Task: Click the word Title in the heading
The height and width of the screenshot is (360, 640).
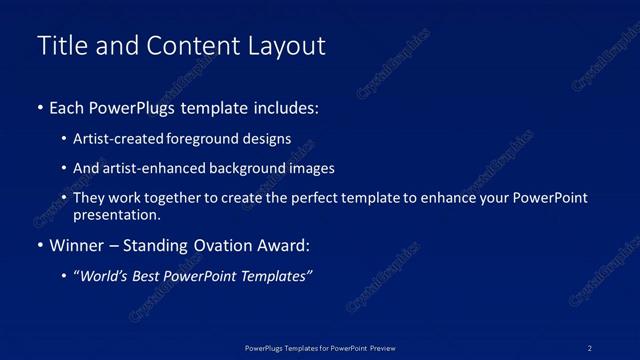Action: pos(59,46)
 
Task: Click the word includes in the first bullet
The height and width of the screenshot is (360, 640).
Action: pos(286,108)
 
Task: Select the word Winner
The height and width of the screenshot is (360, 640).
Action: pos(79,245)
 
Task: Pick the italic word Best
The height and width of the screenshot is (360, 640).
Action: pos(148,276)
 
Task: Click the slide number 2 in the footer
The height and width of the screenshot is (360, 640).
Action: pos(590,348)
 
